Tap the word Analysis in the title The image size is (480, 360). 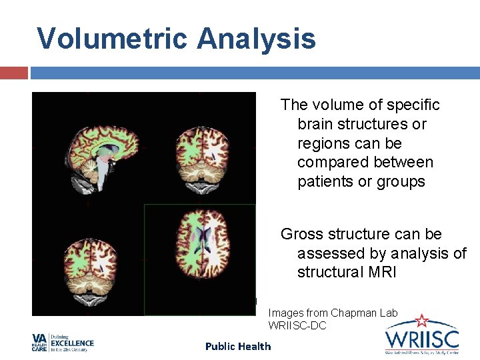tap(256, 39)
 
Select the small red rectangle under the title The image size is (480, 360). tap(13, 73)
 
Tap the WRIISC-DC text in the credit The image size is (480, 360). tap(297, 325)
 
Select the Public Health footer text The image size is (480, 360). tap(238, 346)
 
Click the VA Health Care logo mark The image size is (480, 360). tap(39, 343)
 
